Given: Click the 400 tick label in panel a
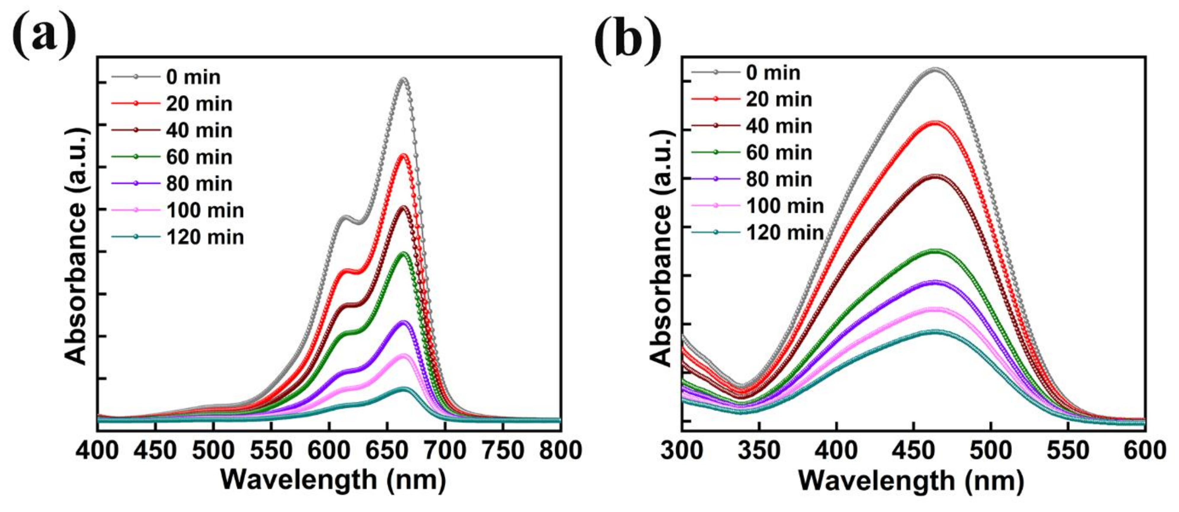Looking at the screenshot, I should click(x=97, y=451).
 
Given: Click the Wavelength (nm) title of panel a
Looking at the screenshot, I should click(x=333, y=480).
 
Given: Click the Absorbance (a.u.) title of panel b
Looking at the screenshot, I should click(x=660, y=248).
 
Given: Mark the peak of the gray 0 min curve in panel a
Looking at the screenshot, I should click(x=403, y=79).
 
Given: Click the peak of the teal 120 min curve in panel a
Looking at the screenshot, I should click(x=403, y=388).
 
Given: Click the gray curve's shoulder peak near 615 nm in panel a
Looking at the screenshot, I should click(x=345, y=217).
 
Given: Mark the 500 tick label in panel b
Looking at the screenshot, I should click(x=991, y=451).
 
